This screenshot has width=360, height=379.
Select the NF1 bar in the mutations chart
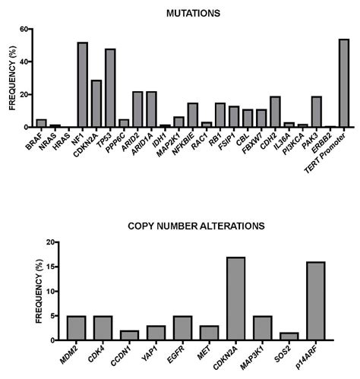click(83, 84)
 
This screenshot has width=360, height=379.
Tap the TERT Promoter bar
click(343, 83)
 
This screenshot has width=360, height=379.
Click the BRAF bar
click(42, 123)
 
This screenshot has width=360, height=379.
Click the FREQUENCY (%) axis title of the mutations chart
click(11, 78)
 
